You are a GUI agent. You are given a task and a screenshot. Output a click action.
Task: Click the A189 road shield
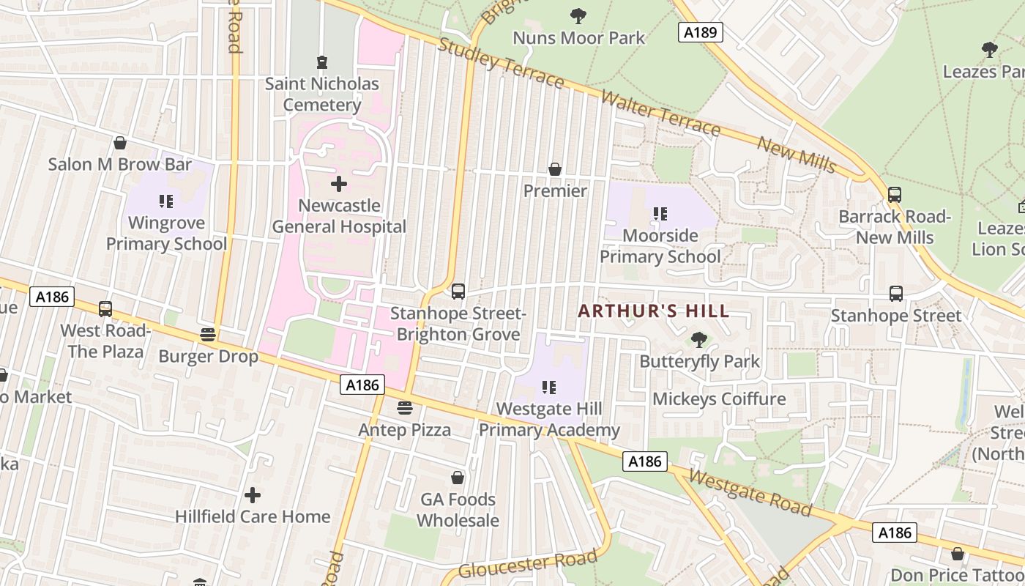[700, 32]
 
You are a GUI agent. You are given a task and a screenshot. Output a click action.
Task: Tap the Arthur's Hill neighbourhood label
[653, 311]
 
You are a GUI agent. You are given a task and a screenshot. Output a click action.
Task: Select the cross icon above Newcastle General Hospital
[338, 184]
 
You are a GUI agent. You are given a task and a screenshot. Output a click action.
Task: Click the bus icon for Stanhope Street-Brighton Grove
[458, 292]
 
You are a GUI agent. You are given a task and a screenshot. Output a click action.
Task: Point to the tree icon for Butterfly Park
[699, 340]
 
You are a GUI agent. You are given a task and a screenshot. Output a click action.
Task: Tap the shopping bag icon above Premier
[555, 169]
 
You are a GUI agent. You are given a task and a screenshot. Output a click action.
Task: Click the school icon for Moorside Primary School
[660, 214]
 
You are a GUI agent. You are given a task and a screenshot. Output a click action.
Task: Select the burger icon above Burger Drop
[208, 335]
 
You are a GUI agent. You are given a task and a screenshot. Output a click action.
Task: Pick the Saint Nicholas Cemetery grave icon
[321, 62]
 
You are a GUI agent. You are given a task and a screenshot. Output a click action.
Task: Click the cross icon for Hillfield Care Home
[253, 495]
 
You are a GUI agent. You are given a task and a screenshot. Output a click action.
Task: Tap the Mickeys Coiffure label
[718, 399]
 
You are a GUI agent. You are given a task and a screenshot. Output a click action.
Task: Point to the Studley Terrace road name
[501, 63]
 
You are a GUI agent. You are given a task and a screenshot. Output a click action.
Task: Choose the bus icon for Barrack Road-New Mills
[894, 195]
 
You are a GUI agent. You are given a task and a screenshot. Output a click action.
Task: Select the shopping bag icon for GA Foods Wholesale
[458, 478]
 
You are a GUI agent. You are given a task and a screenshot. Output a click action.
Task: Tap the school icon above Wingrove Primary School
[166, 201]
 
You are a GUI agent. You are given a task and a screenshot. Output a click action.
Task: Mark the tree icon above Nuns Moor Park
[578, 15]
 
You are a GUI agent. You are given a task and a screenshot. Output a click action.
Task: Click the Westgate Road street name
[750, 493]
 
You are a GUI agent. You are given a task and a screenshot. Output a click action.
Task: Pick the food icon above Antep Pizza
[404, 408]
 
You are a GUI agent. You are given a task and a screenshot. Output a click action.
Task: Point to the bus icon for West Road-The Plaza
[105, 309]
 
